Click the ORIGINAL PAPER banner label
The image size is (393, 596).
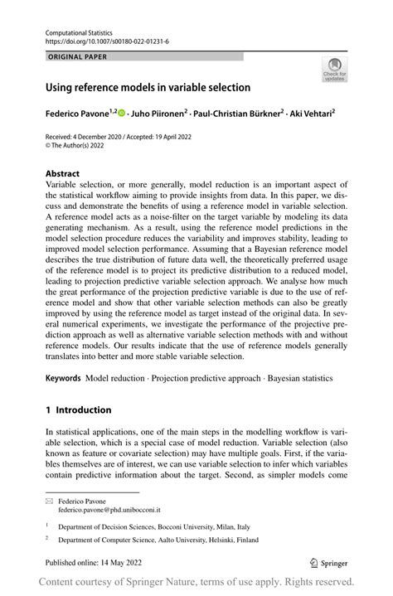[78, 57]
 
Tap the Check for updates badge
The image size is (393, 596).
[334, 70]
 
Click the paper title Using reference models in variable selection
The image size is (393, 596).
[148, 86]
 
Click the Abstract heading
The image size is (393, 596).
[64, 175]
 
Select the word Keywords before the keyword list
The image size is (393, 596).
[63, 378]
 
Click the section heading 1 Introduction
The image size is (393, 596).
[78, 409]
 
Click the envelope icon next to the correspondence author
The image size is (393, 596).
[49, 502]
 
